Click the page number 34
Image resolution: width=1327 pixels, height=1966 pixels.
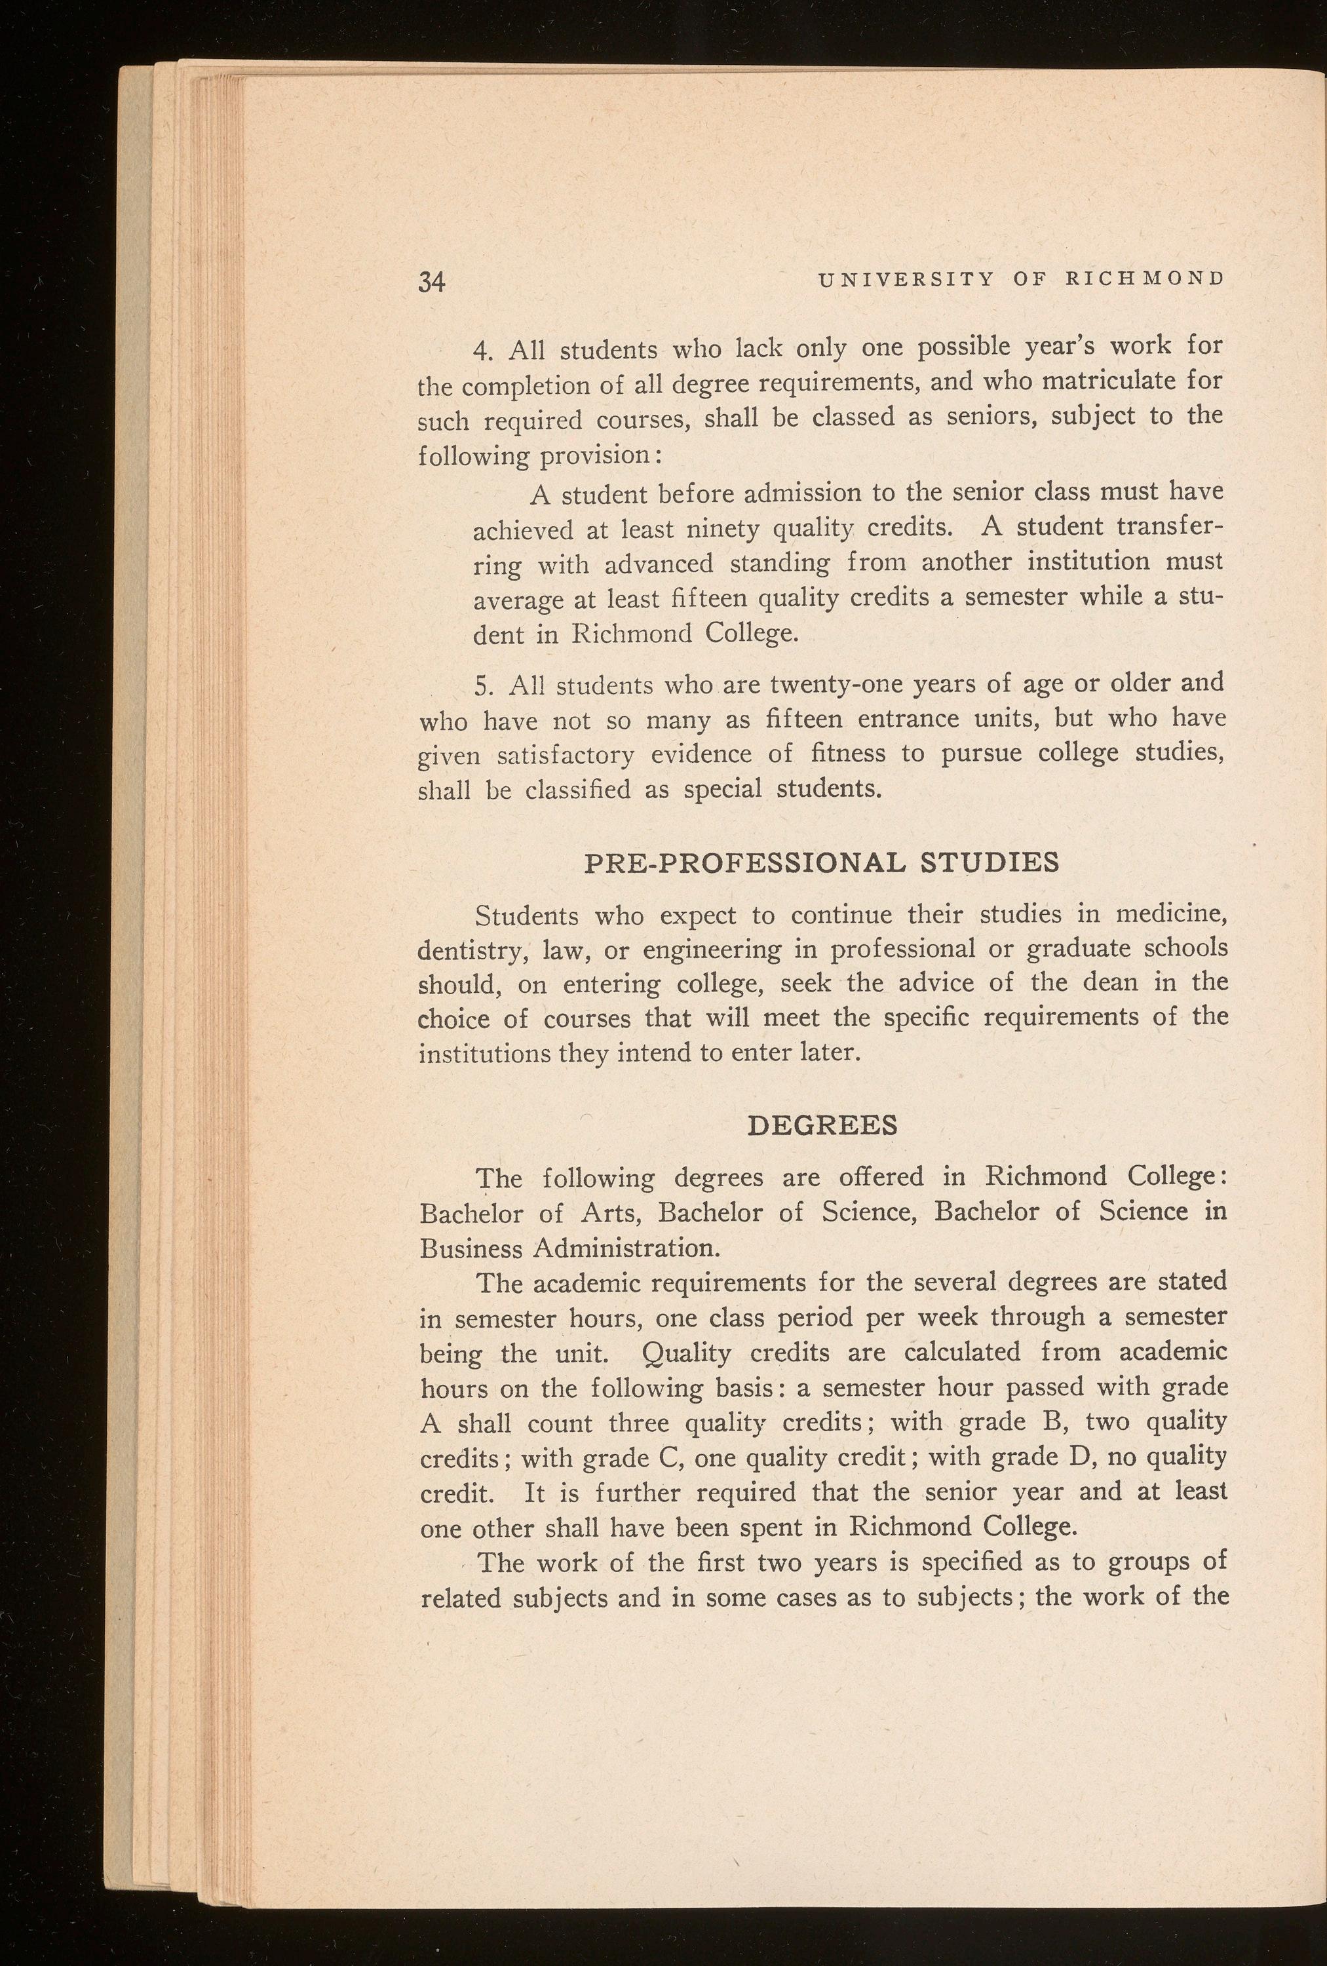point(431,282)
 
